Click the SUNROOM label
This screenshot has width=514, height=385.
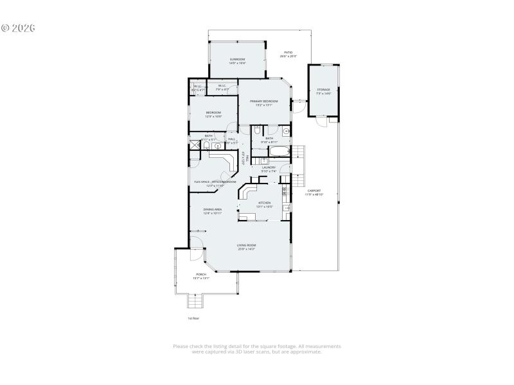238,59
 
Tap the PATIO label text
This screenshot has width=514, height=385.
288,52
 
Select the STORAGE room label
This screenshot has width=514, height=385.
323,90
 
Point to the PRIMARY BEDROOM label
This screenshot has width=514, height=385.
264,101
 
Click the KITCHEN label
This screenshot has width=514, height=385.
265,203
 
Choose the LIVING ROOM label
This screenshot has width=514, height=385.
246,245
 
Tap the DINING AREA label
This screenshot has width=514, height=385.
213,209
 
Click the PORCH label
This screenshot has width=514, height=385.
201,274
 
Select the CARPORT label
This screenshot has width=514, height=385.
314,191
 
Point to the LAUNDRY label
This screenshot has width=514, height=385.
269,167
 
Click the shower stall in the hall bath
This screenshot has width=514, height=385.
195,146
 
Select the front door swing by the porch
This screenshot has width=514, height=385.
196,244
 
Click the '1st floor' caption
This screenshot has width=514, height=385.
193,318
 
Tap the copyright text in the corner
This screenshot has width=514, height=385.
17,28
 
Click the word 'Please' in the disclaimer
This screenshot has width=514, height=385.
181,346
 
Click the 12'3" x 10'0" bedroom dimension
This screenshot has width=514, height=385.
213,117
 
